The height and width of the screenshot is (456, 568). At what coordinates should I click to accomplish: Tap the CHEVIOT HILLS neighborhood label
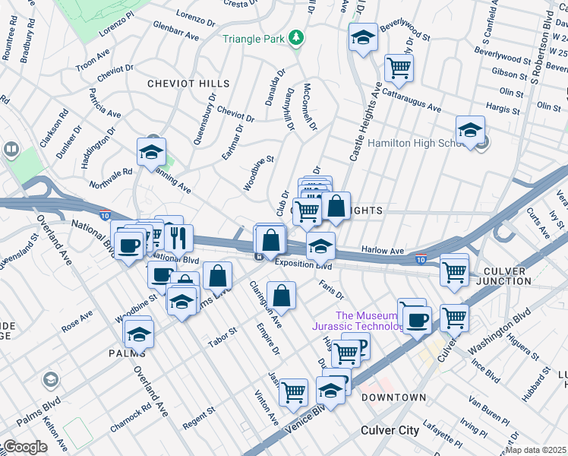tap(188, 83)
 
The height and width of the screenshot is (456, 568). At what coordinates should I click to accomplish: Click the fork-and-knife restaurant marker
tap(178, 238)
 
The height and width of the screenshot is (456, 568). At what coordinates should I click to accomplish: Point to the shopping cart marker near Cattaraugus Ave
tap(399, 68)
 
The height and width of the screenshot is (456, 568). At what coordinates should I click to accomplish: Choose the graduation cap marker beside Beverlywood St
tap(363, 37)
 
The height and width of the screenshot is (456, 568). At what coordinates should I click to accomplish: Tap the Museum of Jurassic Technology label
tap(367, 321)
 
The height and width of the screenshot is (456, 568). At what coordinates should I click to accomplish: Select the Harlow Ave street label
tap(383, 250)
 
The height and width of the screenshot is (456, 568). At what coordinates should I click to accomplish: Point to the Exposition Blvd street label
tap(304, 264)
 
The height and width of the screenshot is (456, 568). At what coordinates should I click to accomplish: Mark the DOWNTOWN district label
tap(393, 397)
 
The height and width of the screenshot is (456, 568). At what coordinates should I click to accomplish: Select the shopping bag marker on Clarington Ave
tap(281, 298)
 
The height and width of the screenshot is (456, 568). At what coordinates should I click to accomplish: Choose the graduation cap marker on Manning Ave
tap(151, 152)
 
